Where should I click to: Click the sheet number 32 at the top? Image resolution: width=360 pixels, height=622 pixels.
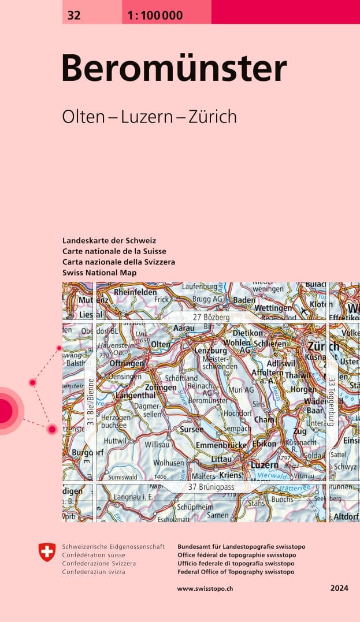tap(74, 16)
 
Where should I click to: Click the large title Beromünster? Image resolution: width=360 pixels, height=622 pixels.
tap(174, 69)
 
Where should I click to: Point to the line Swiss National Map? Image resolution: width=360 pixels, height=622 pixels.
tap(99, 272)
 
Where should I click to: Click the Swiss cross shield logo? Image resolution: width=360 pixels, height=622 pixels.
tap(47, 552)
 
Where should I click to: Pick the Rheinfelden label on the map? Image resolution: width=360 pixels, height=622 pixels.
tap(136, 292)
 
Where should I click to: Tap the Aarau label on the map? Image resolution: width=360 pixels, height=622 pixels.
tap(184, 327)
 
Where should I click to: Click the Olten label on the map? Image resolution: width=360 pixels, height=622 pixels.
tap(161, 344)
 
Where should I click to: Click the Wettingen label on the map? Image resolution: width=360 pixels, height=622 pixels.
tap(273, 308)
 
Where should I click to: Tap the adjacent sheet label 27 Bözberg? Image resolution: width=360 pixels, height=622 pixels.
tap(211, 318)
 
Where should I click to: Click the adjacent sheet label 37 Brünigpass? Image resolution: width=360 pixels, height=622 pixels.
tap(213, 487)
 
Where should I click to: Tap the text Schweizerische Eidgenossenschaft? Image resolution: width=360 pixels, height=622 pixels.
tap(113, 546)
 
